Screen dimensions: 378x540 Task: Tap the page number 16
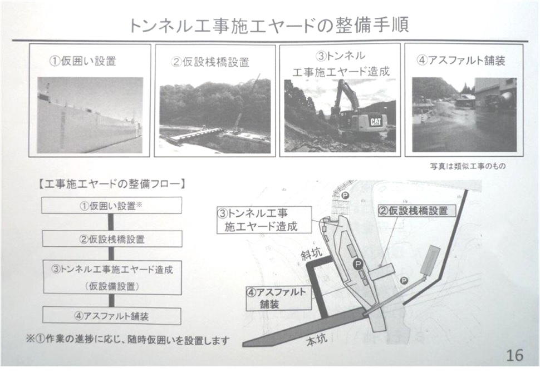pyautogui.click(x=514, y=355)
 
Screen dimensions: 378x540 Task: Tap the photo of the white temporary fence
pyautogui.click(x=90, y=115)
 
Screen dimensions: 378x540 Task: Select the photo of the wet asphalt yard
pyautogui.click(x=464, y=115)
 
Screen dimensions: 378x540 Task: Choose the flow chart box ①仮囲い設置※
pyautogui.click(x=112, y=206)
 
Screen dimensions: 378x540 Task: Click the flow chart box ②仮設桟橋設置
pyautogui.click(x=112, y=239)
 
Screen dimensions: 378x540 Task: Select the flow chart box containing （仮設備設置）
pyautogui.click(x=112, y=277)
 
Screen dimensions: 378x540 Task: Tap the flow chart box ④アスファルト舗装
pyautogui.click(x=112, y=316)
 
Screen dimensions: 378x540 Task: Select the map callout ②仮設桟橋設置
pyautogui.click(x=413, y=211)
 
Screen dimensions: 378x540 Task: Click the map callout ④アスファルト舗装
pyautogui.click(x=278, y=298)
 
